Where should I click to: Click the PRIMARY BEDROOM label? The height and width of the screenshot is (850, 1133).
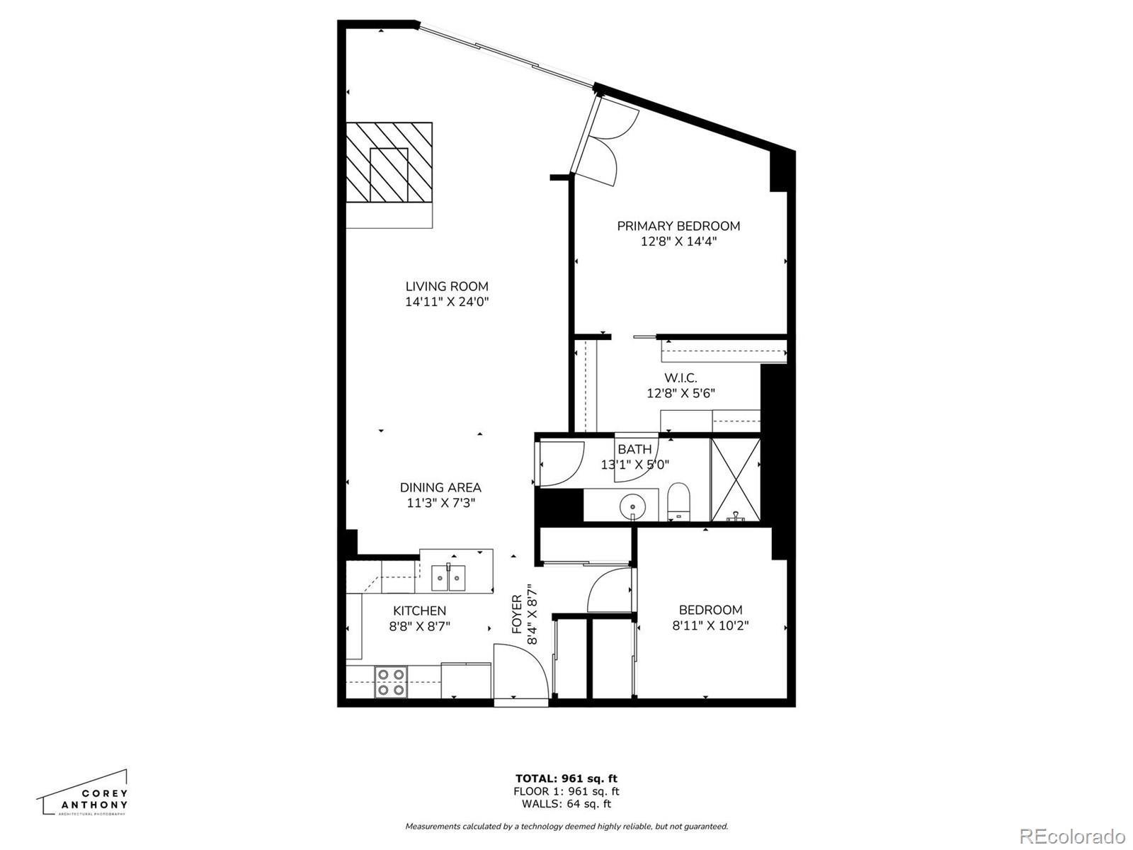[x=678, y=226]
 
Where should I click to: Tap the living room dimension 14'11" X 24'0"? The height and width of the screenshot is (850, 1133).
[x=447, y=302]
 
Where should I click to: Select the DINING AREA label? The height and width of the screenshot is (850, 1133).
[x=440, y=487]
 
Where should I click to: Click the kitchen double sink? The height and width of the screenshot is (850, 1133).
[x=448, y=577]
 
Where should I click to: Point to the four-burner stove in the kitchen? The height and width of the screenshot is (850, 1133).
[x=390, y=683]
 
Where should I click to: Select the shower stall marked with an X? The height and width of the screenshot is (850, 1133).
[x=735, y=480]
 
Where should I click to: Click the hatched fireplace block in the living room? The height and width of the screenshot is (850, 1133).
[x=389, y=163]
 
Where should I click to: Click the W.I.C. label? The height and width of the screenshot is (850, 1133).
[x=681, y=378]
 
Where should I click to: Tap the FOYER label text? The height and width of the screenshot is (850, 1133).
[x=517, y=614]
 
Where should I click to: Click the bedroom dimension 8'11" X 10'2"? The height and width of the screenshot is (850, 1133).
[x=710, y=625]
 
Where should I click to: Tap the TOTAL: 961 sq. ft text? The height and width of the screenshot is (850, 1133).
[x=566, y=778]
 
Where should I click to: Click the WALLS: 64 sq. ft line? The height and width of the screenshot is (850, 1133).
[x=566, y=804]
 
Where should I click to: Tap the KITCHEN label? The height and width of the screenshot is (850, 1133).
[x=419, y=611]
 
